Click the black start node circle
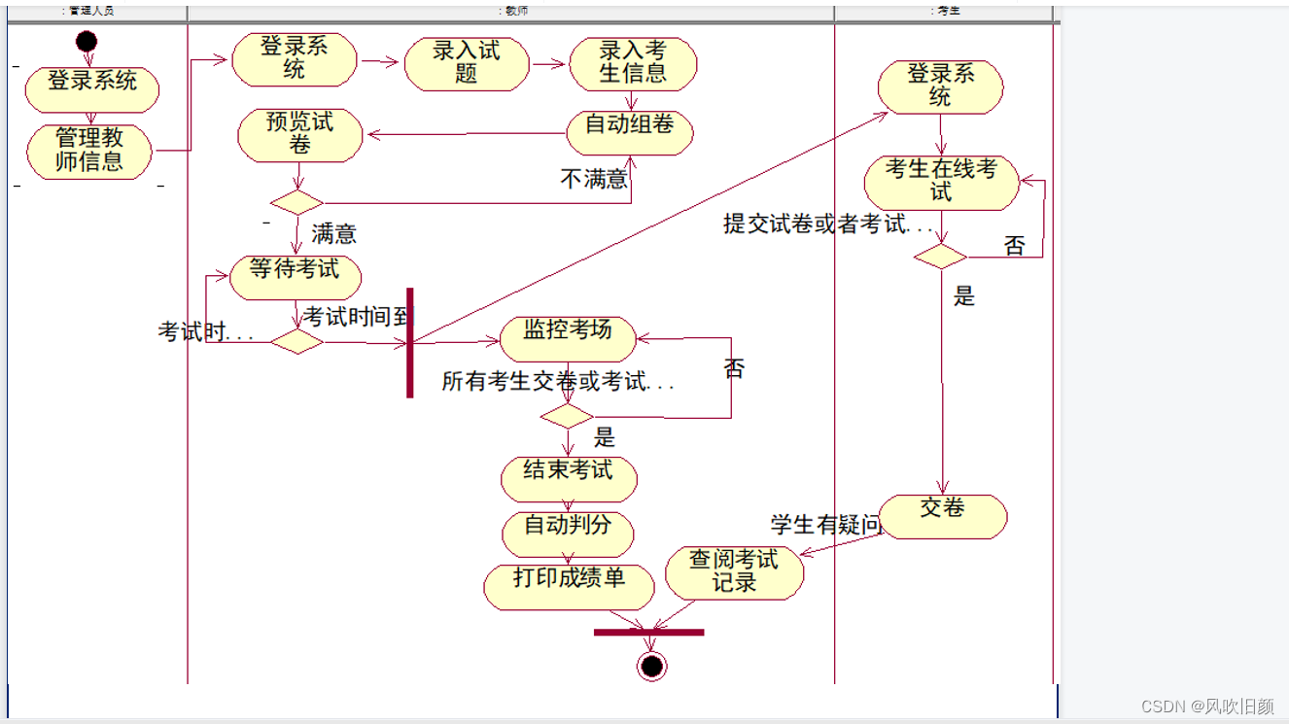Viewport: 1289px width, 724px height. pyautogui.click(x=87, y=41)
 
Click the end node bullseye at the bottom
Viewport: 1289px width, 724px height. pyautogui.click(x=651, y=666)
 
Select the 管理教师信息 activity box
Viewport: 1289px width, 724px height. pyautogui.click(x=89, y=151)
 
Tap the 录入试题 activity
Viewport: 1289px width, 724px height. pyautogui.click(x=467, y=63)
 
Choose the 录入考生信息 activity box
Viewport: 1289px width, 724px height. pyautogui.click(x=633, y=63)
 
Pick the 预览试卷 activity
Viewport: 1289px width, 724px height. pyautogui.click(x=299, y=134)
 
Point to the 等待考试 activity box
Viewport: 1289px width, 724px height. pyautogui.click(x=295, y=277)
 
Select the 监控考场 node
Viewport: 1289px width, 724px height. pyautogui.click(x=568, y=337)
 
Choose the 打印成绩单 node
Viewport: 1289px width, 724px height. pyautogui.click(x=569, y=586)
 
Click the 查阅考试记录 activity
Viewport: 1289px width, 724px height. pyautogui.click(x=734, y=572)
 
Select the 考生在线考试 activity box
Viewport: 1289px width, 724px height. pyautogui.click(x=941, y=182)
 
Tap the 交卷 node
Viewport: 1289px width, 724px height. pyautogui.click(x=942, y=515)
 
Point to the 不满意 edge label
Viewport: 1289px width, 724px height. pyautogui.click(x=594, y=180)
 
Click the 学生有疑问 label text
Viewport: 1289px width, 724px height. pyautogui.click(x=825, y=525)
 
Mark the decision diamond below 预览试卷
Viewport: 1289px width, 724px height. pyautogui.click(x=296, y=202)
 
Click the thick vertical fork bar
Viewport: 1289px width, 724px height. pyautogui.click(x=410, y=342)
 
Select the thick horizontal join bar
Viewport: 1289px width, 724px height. pyautogui.click(x=648, y=633)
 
